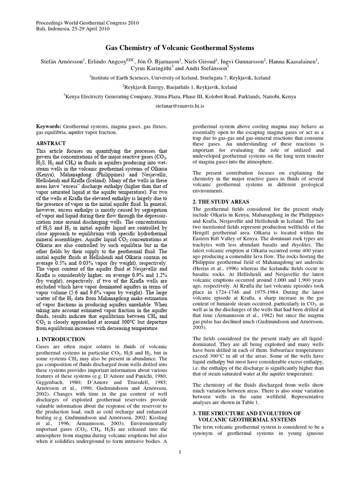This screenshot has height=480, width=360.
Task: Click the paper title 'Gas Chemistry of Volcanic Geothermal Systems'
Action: click(180, 48)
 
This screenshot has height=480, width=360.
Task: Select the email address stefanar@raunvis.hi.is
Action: click(180, 106)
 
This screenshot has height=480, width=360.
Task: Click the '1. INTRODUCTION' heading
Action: click(60, 339)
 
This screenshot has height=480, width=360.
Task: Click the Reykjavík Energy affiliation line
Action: click(180, 87)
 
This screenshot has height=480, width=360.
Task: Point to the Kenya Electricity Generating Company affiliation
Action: click(180, 97)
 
